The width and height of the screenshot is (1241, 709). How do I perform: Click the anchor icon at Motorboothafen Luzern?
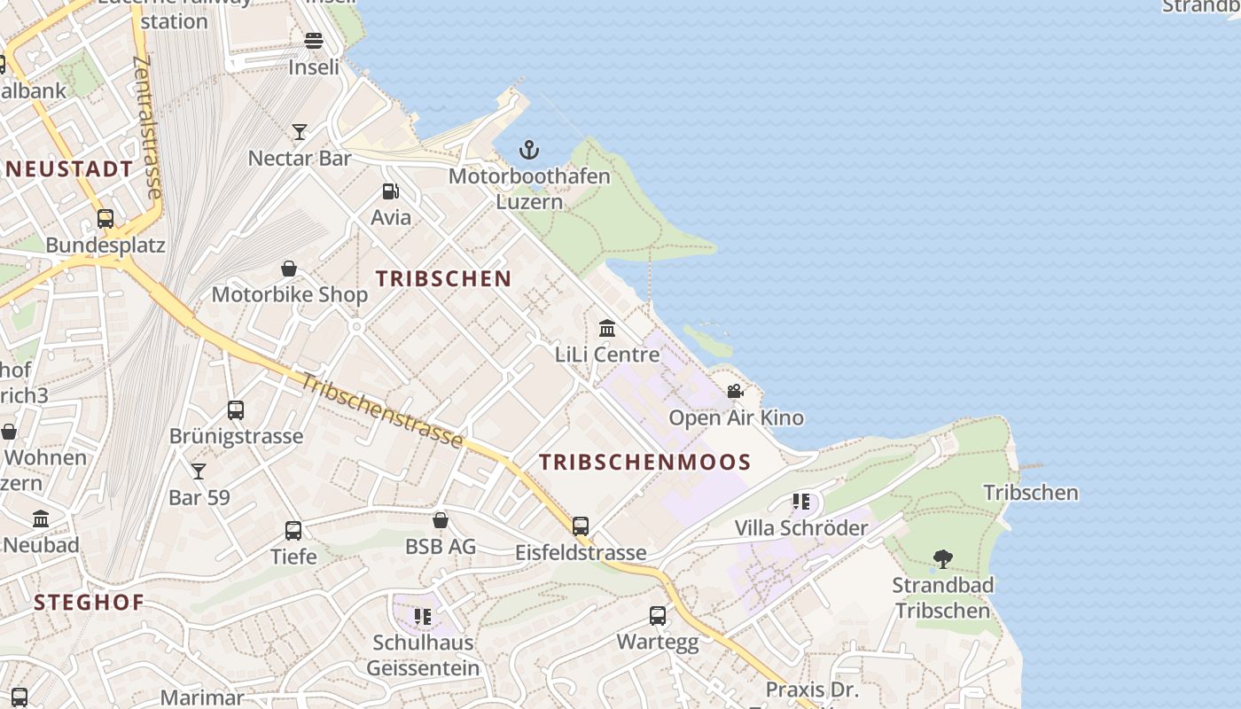pyautogui.click(x=529, y=150)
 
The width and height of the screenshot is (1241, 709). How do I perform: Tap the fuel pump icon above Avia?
pyautogui.click(x=390, y=191)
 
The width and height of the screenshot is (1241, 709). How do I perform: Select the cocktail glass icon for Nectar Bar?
pyautogui.click(x=300, y=132)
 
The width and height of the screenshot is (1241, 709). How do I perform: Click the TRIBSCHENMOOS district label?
pyautogui.click(x=645, y=462)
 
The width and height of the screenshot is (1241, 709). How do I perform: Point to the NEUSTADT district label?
pyautogui.click(x=70, y=168)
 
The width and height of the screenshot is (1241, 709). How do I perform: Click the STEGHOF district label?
pyautogui.click(x=89, y=603)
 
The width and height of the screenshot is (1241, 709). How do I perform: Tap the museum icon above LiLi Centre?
pyautogui.click(x=607, y=329)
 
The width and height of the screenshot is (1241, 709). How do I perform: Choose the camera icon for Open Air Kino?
pyautogui.click(x=735, y=392)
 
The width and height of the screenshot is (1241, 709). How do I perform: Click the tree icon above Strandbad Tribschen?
pyautogui.click(x=942, y=559)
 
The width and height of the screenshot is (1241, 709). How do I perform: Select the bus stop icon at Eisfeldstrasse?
pyautogui.click(x=581, y=526)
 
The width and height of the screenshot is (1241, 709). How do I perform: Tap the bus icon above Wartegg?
pyautogui.click(x=658, y=616)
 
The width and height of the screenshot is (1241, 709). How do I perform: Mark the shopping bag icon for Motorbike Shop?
pyautogui.click(x=289, y=269)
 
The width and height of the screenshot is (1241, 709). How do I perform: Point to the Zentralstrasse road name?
pyautogui.click(x=147, y=129)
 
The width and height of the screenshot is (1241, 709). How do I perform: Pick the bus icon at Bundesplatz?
pyautogui.click(x=105, y=219)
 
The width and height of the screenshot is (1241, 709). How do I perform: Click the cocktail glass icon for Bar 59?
pyautogui.click(x=199, y=471)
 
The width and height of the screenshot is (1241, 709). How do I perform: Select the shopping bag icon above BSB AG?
pyautogui.click(x=441, y=520)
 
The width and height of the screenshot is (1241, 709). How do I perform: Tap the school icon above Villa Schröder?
pyautogui.click(x=801, y=502)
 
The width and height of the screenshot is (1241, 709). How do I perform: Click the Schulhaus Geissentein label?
pyautogui.click(x=423, y=655)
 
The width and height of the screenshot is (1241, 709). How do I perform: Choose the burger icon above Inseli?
pyautogui.click(x=314, y=41)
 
